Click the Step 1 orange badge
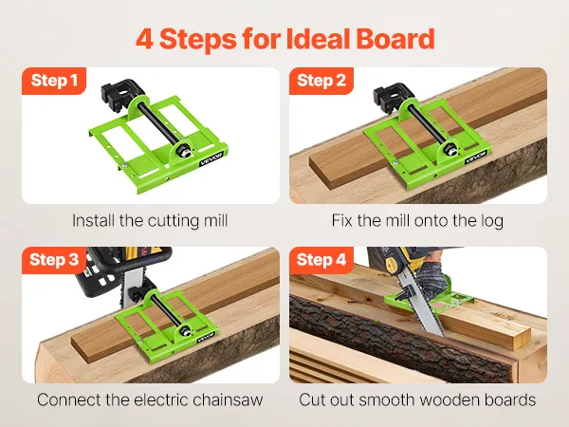pyautogui.click(x=54, y=81)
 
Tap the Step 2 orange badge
pyautogui.click(x=321, y=81)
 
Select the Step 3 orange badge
pyautogui.click(x=54, y=260)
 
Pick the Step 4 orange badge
pyautogui.click(x=321, y=260)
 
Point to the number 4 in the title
pyautogui.click(x=144, y=39)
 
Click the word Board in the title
pyautogui.click(x=395, y=39)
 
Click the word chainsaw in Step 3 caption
pyautogui.click(x=228, y=399)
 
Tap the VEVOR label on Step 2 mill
pyautogui.click(x=475, y=158)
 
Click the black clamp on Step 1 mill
pyautogui.click(x=118, y=95)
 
